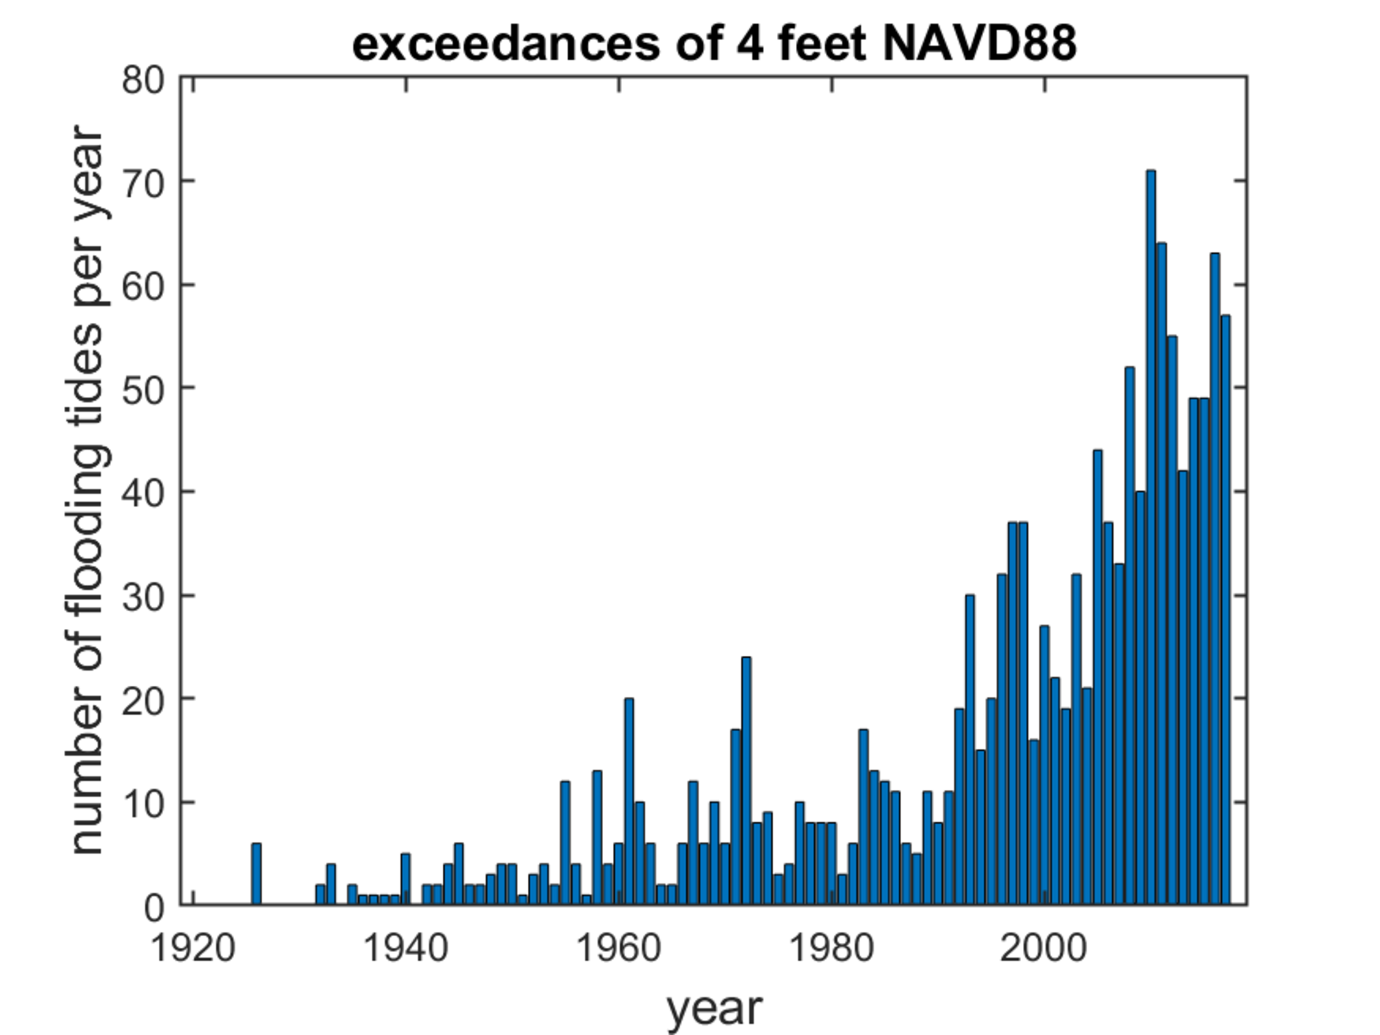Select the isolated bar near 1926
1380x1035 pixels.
click(256, 873)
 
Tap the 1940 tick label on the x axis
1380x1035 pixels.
click(405, 949)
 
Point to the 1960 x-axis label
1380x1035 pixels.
click(619, 949)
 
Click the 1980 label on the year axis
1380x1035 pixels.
click(831, 949)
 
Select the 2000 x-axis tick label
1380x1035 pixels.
click(1044, 949)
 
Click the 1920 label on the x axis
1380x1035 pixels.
click(193, 949)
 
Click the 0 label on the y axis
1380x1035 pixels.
click(154, 908)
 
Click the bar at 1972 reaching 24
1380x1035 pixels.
click(746, 780)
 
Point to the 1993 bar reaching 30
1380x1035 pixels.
click(969, 749)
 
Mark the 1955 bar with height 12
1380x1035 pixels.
click(565, 842)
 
